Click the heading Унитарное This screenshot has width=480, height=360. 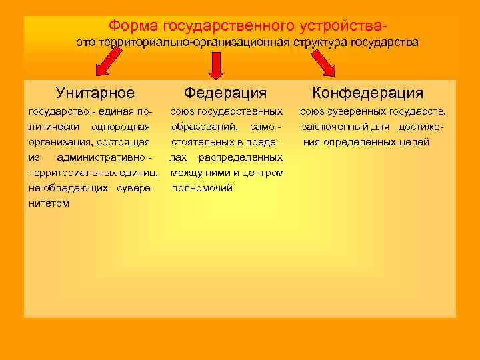pos(95,93)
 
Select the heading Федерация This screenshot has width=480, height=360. pos(225,93)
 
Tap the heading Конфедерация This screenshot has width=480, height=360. pos(368,93)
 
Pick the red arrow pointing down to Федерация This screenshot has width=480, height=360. pos(216,65)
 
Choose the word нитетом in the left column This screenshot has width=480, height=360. pos(49,203)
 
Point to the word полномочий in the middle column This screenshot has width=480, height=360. pos(203,188)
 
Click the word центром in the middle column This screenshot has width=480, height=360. pos(265,173)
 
